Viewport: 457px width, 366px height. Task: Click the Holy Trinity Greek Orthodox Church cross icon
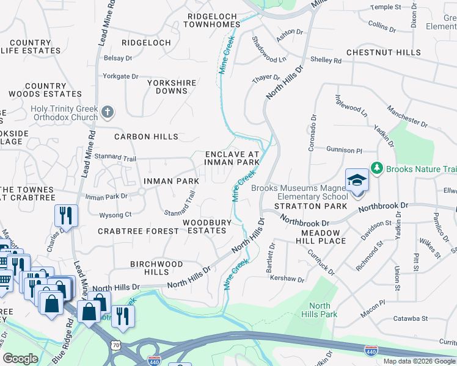coord(108,112)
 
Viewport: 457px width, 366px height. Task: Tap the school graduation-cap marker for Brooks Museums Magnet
coord(357,181)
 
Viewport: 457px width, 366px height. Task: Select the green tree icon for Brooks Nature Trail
coord(377,167)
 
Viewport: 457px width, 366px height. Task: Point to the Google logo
coord(20,359)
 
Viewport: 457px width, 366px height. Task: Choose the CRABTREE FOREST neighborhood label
coord(137,231)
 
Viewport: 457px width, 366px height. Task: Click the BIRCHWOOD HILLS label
coord(156,268)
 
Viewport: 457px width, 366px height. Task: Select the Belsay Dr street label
coord(118,58)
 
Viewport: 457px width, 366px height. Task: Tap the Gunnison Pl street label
coord(344,149)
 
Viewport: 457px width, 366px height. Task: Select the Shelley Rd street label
coord(326,60)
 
